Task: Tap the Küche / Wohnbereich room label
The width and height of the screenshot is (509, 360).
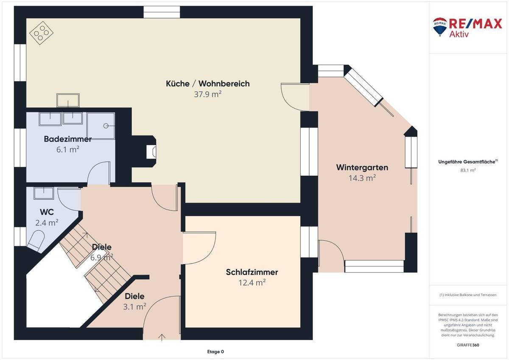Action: coord(207,84)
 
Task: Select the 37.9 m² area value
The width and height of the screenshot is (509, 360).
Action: coord(207,94)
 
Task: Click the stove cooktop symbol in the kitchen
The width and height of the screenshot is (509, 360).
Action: coord(41,33)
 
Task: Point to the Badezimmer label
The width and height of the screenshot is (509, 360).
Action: coord(68,139)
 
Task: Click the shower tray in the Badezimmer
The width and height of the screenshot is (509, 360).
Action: coord(102,125)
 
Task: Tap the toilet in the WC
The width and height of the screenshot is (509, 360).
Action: coord(35,240)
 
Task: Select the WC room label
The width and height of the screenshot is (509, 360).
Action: coord(47,211)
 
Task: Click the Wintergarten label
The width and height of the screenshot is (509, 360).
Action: coord(362,167)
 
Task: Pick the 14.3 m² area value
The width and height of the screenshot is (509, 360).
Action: coord(362,178)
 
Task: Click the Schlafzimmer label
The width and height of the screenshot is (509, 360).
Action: coord(252,272)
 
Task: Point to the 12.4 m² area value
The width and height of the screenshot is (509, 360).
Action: coord(252,283)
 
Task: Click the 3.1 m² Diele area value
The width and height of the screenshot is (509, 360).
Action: coord(134,306)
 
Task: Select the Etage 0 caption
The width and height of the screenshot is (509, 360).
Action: coord(215,352)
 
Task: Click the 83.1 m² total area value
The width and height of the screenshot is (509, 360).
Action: coord(467,170)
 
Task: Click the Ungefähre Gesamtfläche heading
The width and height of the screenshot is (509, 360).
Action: coord(467,161)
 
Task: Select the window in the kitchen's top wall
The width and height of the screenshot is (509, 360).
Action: coord(162,12)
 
